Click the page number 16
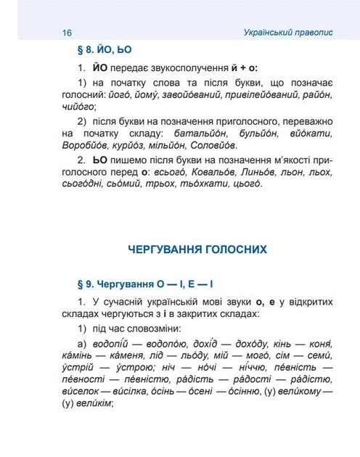[x=67, y=33]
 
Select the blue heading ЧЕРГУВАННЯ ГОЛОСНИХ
[x=197, y=250]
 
